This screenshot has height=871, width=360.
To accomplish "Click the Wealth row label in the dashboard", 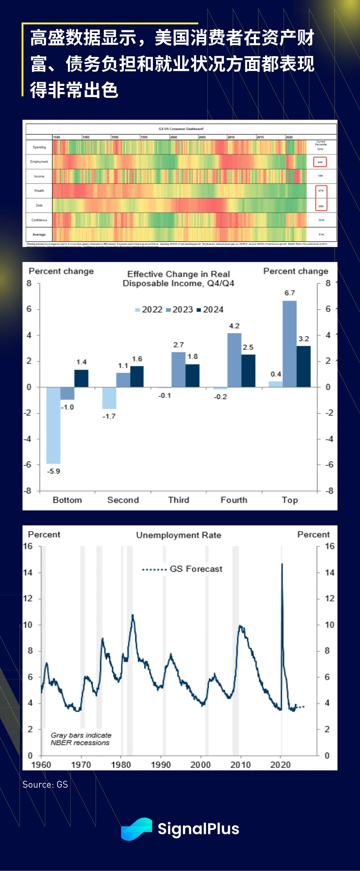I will pyautogui.click(x=39, y=191).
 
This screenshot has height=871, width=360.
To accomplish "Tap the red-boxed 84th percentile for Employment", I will pyautogui.click(x=320, y=162).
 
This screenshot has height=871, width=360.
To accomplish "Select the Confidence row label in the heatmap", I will pyautogui.click(x=39, y=220).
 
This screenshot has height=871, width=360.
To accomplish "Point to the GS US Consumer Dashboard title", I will pyautogui.click(x=181, y=129).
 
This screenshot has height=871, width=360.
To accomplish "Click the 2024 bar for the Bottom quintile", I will pyautogui.click(x=81, y=378).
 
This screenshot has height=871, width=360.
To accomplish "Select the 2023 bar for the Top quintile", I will pyautogui.click(x=289, y=344).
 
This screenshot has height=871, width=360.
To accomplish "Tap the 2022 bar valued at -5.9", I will pyautogui.click(x=53, y=425).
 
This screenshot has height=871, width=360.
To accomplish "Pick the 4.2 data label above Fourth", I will pyautogui.click(x=234, y=326).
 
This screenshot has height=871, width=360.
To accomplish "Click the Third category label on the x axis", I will pyautogui.click(x=178, y=500).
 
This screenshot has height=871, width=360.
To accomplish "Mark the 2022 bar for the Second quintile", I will pyautogui.click(x=109, y=398).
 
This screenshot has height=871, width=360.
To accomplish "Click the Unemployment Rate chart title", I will pyautogui.click(x=178, y=535).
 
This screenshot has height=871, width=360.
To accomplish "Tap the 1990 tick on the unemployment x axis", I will pyautogui.click(x=161, y=765).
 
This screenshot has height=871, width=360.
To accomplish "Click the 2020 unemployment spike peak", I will pyautogui.click(x=282, y=564).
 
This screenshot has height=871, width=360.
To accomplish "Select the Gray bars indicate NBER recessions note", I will pyautogui.click(x=81, y=739).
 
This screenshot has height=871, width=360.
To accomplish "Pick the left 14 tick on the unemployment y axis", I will pyautogui.click(x=28, y=573).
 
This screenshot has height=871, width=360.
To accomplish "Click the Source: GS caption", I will pyautogui.click(x=45, y=784).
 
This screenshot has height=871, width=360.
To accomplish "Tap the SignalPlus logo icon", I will pyautogui.click(x=136, y=829).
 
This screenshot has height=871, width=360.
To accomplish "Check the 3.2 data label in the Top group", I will pyautogui.click(x=304, y=339).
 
